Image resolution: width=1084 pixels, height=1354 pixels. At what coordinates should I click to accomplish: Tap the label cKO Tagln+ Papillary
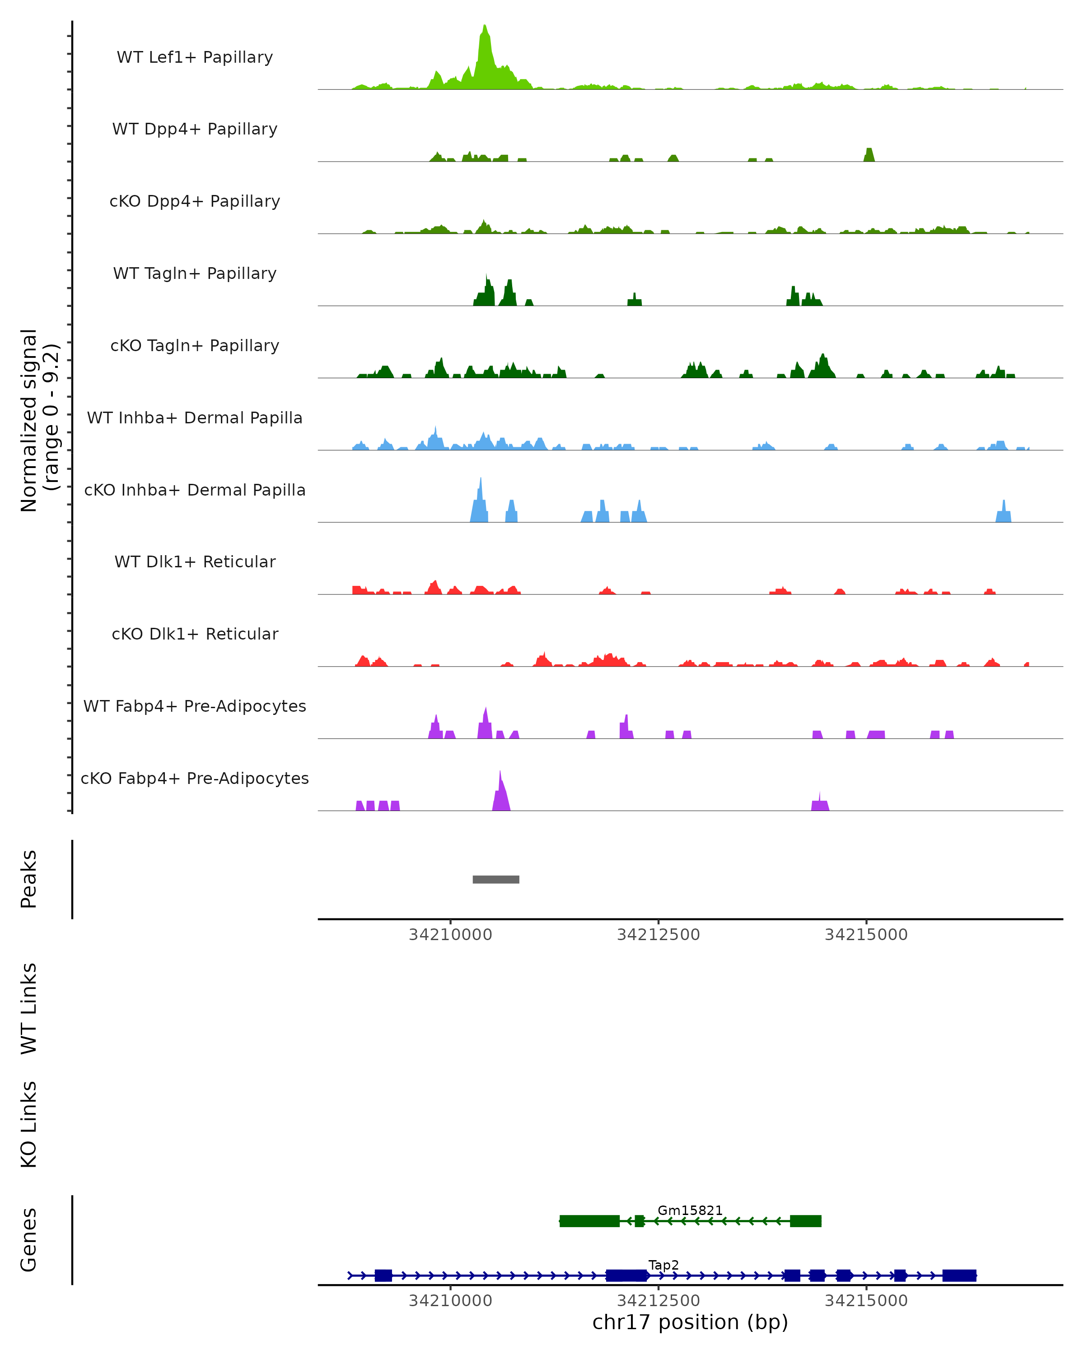pos(195,346)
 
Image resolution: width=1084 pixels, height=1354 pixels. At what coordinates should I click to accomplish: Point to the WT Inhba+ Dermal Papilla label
pos(195,418)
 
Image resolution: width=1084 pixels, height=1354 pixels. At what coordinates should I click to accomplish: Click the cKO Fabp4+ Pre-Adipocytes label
pos(195,779)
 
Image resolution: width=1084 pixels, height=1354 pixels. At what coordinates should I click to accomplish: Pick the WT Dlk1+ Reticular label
pos(195,562)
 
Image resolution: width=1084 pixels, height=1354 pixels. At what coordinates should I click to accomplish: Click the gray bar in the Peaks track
pos(496,879)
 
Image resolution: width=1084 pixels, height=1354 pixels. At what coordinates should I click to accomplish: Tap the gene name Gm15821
pos(690,1210)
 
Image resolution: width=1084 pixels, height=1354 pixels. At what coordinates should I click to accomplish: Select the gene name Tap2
pos(663,1265)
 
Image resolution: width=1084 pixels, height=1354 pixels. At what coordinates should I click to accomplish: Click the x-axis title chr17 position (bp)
pos(690,1322)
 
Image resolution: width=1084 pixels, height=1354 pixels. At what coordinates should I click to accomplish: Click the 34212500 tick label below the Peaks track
pos(658,935)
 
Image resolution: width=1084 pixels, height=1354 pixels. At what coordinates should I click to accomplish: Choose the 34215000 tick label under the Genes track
pos(866,1301)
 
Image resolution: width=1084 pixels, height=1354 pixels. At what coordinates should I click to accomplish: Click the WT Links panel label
pos(29,1008)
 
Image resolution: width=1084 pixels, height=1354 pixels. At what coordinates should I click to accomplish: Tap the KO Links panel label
pos(29,1124)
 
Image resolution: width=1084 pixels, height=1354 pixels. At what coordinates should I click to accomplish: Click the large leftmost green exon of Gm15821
pos(589,1221)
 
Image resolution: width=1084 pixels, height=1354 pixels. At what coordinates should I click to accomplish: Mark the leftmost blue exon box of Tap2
pos(383,1275)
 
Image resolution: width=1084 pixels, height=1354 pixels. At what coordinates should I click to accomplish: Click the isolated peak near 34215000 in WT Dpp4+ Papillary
pos(869,154)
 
